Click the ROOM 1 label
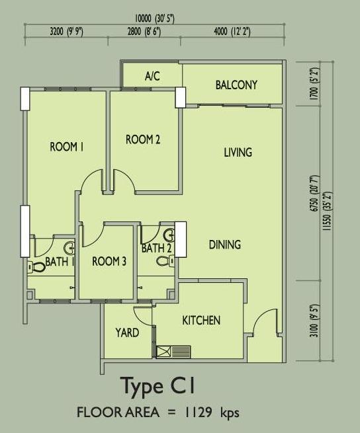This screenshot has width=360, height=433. point(67,147)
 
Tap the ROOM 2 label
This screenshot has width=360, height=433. point(143,139)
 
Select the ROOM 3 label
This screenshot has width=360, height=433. point(109,261)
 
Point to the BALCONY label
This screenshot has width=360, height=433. point(236,85)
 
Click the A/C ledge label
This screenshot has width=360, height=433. point(152,75)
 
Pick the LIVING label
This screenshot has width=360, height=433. point(238,152)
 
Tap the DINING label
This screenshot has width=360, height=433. point(224,245)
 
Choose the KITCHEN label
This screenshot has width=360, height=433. point(201,321)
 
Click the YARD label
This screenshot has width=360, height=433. point(127,333)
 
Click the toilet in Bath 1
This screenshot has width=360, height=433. point(36,267)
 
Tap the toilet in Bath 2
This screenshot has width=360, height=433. point(165,261)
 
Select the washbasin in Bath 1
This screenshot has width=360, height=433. point(69,249)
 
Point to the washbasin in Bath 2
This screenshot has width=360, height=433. point(169,235)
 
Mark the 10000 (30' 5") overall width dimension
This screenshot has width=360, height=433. point(154,19)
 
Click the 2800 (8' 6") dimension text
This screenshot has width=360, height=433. point(144,32)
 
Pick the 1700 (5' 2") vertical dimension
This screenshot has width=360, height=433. point(314,84)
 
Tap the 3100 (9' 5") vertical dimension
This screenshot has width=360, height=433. point(314,321)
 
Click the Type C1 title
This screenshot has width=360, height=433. point(158,386)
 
